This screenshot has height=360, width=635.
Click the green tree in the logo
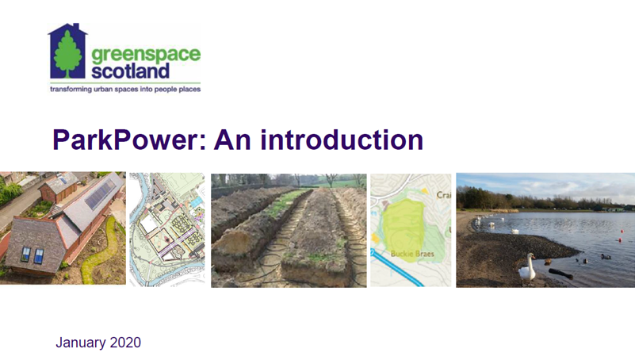click(x=67, y=54)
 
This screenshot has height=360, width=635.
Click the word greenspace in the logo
click(x=146, y=55)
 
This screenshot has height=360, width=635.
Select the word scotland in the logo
click(x=130, y=71)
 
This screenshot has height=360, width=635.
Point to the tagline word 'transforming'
click(x=71, y=89)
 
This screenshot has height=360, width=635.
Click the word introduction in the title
click(x=342, y=140)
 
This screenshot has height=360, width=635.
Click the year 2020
click(x=125, y=343)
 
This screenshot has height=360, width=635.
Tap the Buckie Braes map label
click(x=412, y=254)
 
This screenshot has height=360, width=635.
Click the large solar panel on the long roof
click(x=101, y=195)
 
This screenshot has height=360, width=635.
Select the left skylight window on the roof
click(x=25, y=254)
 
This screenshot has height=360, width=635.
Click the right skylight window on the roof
click(x=39, y=256)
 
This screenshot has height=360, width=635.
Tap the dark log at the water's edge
click(x=561, y=274)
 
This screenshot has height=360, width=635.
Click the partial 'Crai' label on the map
click(x=443, y=195)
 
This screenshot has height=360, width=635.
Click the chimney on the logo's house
click(x=76, y=28)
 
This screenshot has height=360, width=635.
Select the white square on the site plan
click(x=148, y=224)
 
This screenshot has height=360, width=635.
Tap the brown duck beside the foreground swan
click(x=548, y=262)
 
